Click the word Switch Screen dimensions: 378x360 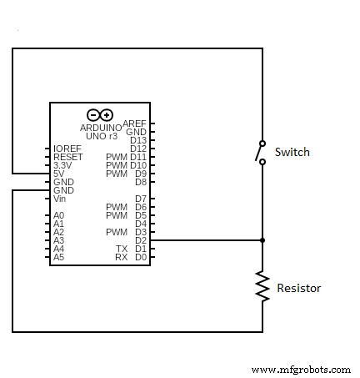[x=292, y=152]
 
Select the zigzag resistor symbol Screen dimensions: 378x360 [x=262, y=286]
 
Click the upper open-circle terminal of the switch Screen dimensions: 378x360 [x=262, y=143]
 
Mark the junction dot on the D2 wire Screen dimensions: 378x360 [x=262, y=240]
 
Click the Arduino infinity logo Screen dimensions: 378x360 [x=99, y=114]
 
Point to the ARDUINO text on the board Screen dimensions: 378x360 [x=100, y=127]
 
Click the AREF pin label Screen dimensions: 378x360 [x=135, y=123]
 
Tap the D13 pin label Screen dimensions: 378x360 [x=138, y=140]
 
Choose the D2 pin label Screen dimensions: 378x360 [x=140, y=240]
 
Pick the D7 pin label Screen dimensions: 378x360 [x=140, y=199]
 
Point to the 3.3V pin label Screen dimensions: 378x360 [x=63, y=165]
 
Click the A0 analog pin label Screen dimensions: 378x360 [x=58, y=215]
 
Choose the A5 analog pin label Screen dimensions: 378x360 [x=58, y=257]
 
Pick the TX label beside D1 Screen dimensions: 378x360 [x=122, y=249]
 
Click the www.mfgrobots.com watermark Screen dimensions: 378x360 [x=301, y=369]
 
